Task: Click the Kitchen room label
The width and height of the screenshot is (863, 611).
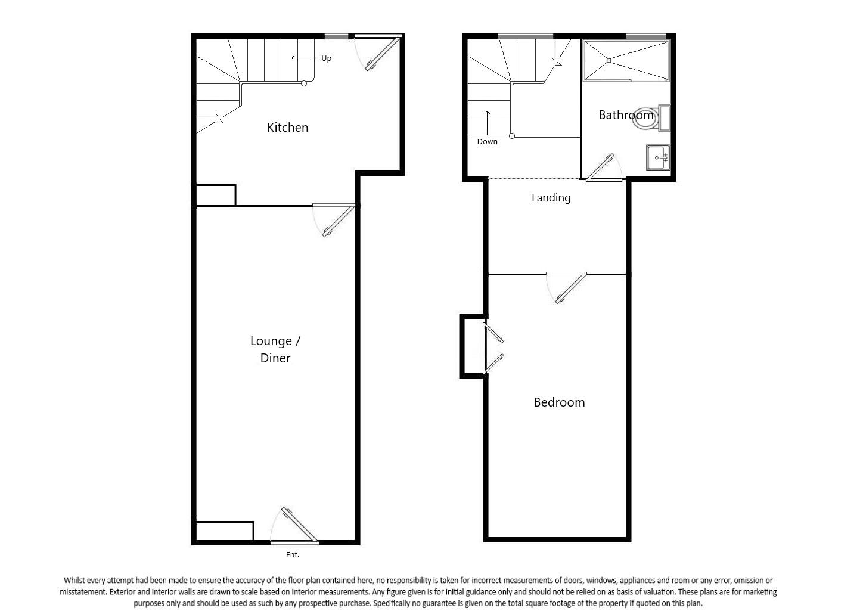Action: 287,128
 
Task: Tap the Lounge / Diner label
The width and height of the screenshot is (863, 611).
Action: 275,349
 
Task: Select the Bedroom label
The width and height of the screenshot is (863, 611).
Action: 559,402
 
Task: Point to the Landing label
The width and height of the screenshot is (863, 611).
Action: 551,198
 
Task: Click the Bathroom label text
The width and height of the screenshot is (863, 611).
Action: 625,115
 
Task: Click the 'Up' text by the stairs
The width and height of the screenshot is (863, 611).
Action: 326,58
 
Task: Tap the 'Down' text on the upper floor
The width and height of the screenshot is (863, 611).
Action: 487,142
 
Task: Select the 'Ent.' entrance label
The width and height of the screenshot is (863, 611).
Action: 292,555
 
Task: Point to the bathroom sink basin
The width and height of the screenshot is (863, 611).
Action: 658,158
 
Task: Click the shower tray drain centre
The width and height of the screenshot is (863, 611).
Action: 609,60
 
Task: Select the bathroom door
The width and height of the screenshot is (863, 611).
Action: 601,168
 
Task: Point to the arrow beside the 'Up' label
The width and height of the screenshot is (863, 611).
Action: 303,58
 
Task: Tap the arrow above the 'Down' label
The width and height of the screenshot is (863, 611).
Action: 487,123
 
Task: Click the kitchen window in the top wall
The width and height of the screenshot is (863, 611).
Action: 336,36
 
